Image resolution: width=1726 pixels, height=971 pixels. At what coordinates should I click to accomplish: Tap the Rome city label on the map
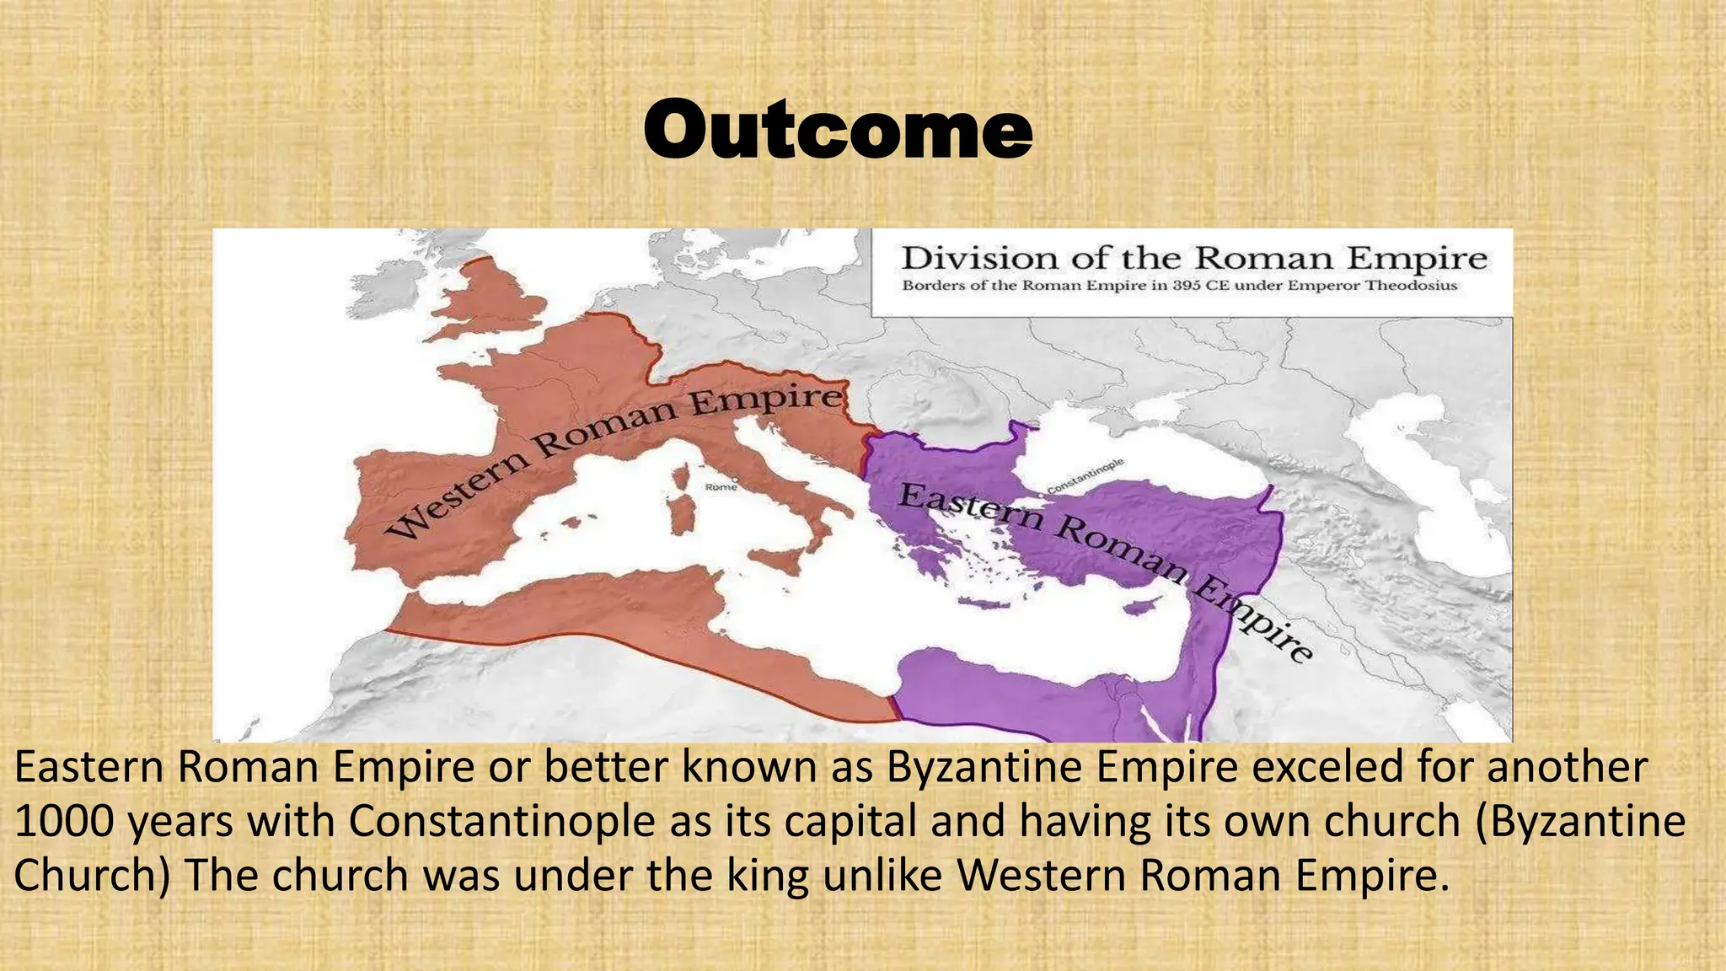[x=721, y=487]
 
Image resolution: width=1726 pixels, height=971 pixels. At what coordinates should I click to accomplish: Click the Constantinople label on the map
[x=1085, y=477]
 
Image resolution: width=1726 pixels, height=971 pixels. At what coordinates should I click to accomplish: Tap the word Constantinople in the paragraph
[x=501, y=822]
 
